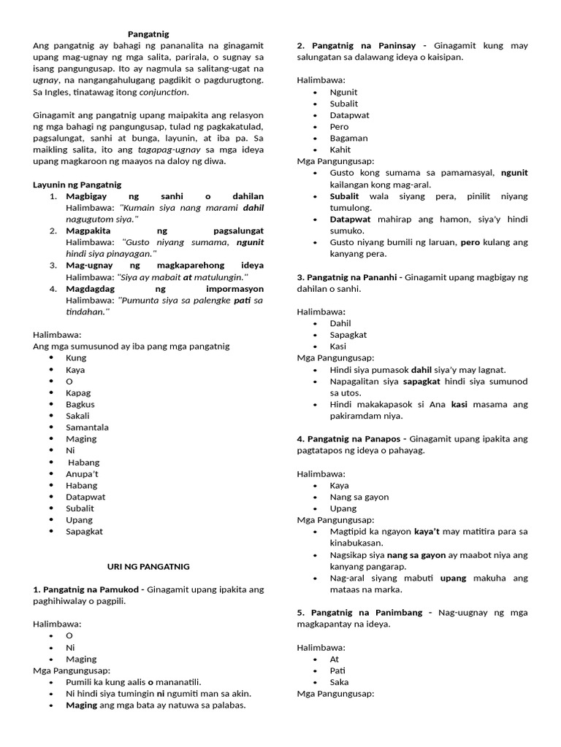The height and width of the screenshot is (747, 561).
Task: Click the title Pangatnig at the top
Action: [x=148, y=34]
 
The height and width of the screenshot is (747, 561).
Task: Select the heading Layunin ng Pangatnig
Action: [x=77, y=185]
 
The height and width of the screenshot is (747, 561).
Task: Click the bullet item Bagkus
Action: [x=80, y=404]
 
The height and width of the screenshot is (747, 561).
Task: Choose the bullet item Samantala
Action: [x=86, y=427]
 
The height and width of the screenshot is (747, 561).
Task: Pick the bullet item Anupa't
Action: [x=81, y=473]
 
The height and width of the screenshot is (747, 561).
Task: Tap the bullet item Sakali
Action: [x=77, y=416]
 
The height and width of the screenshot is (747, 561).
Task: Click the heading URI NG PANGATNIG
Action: [x=148, y=566]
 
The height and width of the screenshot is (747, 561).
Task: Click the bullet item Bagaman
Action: [x=348, y=138]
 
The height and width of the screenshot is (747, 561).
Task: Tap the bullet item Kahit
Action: [x=340, y=150]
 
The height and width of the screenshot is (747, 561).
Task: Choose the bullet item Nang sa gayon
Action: [x=359, y=497]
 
